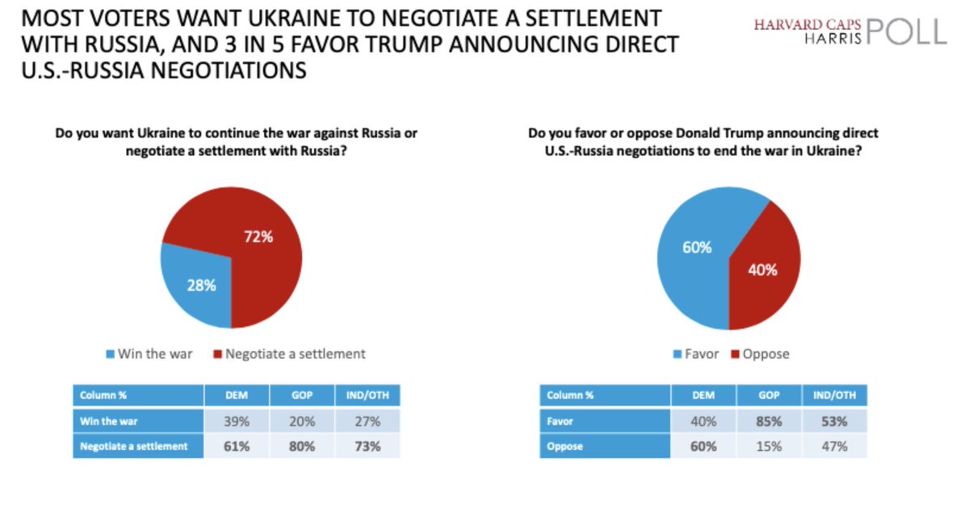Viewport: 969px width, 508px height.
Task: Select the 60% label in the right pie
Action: point(696,248)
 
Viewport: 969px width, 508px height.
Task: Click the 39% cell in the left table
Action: point(235,421)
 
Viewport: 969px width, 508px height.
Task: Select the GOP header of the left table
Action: point(302,395)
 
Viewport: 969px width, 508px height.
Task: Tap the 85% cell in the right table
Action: point(768,421)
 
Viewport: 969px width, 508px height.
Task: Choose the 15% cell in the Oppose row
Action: point(768,446)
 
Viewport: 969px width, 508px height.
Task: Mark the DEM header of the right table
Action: point(703,395)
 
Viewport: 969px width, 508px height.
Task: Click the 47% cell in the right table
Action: point(834,446)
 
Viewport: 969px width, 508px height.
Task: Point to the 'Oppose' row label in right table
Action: point(565,446)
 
